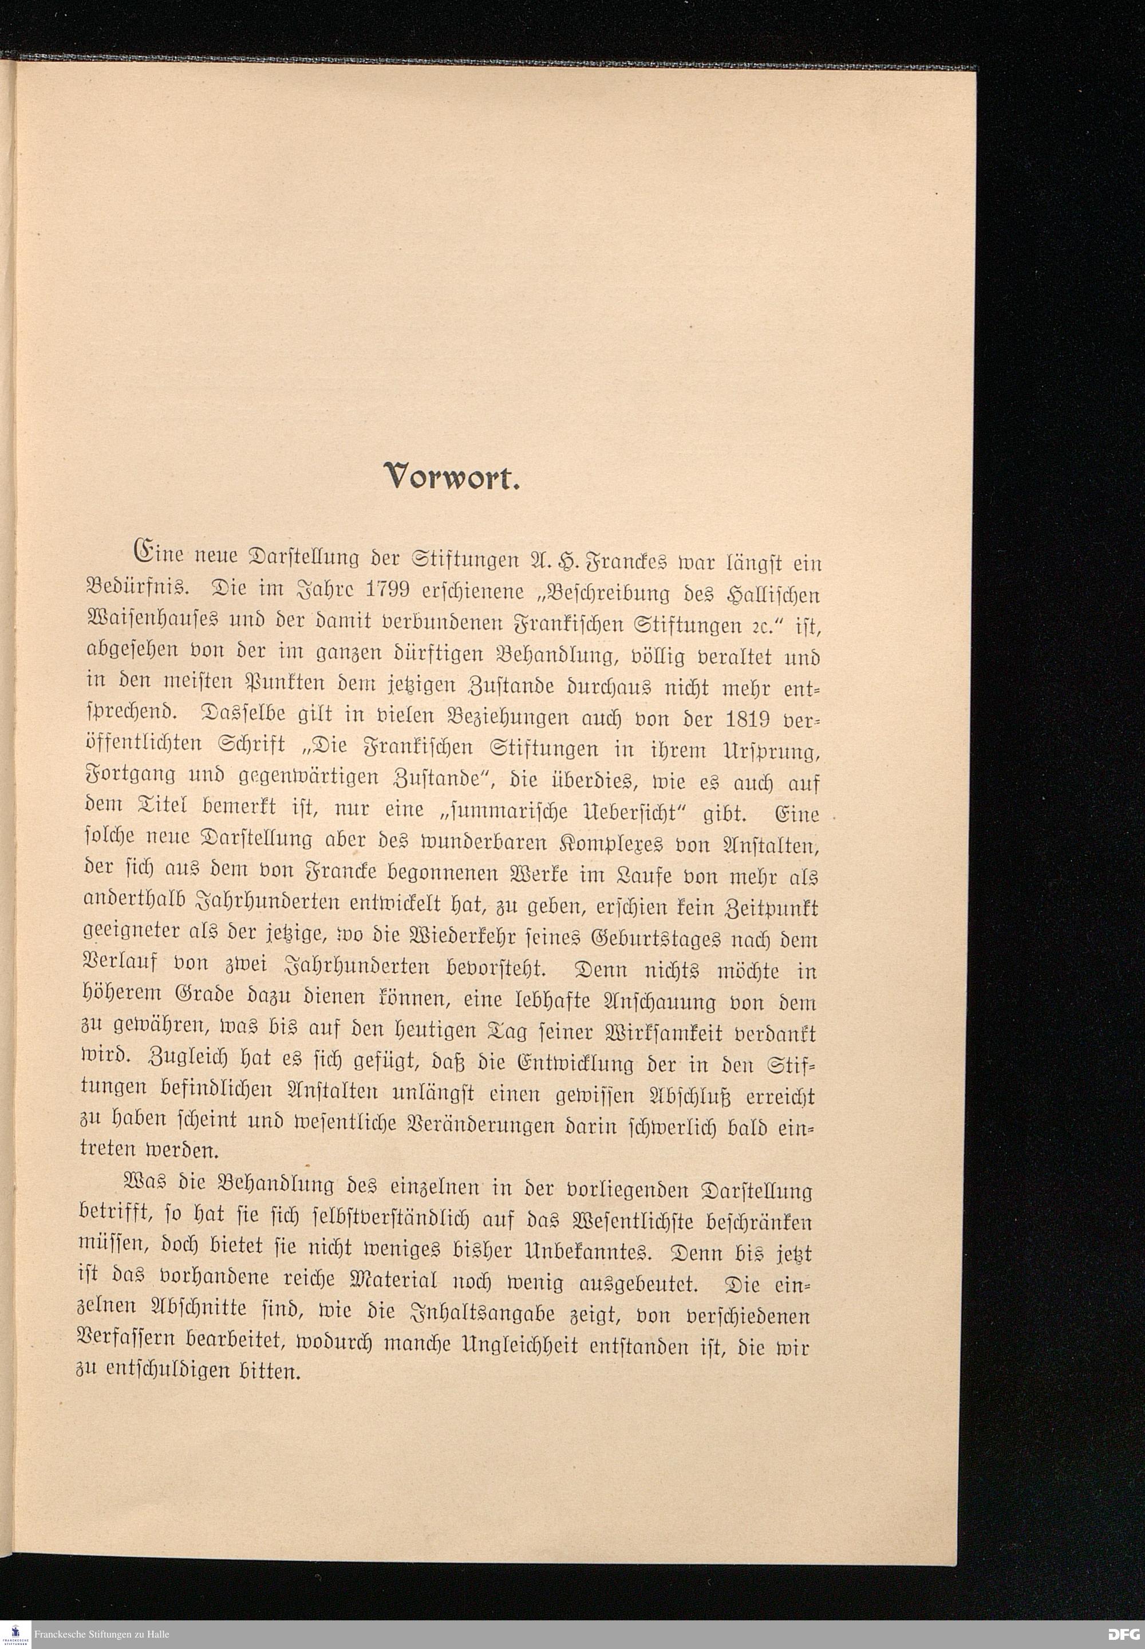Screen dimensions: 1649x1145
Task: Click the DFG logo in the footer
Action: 1123,1634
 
